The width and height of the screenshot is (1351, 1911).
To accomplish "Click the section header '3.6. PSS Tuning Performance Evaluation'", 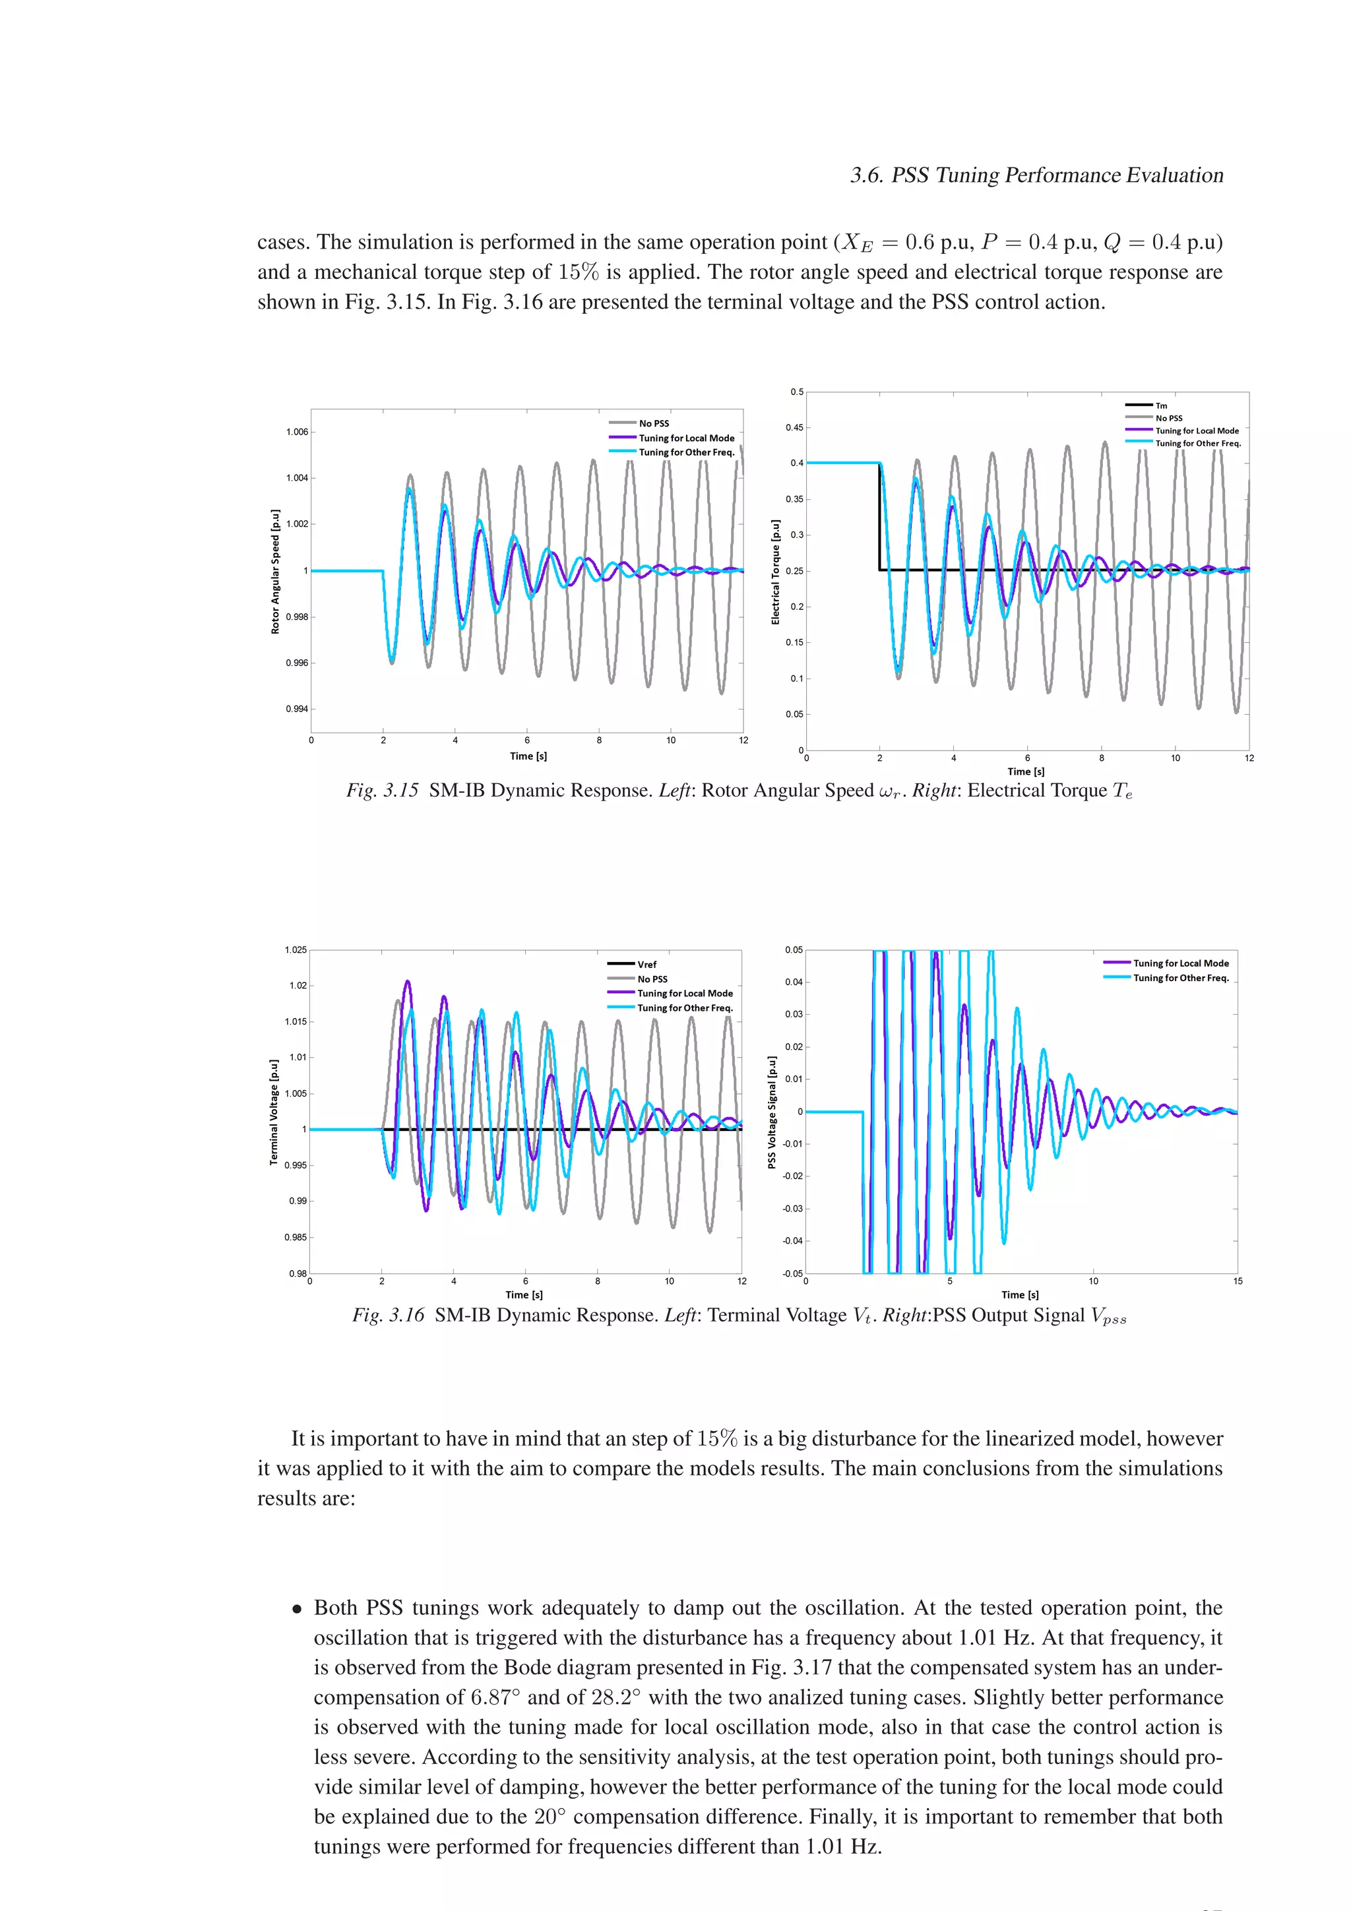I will [1036, 175].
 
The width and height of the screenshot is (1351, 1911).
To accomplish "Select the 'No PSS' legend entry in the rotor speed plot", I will [654, 423].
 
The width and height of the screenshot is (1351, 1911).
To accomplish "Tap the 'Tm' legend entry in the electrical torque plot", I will [1161, 406].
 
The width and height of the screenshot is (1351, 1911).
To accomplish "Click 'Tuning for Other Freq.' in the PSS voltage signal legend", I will [1180, 978].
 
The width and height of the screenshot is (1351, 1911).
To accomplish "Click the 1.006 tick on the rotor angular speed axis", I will [297, 432].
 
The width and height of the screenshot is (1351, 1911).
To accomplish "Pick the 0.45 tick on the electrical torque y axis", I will [795, 428].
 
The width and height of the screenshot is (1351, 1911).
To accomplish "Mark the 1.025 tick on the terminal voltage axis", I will [296, 950].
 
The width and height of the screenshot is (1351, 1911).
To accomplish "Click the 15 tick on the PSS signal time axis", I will [1237, 1281].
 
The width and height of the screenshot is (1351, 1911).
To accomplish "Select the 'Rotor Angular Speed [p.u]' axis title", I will [276, 572].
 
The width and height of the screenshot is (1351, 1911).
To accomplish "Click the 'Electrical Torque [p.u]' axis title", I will [775, 572].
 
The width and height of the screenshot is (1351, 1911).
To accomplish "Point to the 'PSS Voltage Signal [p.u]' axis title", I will [772, 1112].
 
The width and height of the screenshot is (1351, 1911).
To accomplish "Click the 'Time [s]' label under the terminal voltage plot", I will [524, 1294].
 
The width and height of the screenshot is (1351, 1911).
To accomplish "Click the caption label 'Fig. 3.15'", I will [382, 791].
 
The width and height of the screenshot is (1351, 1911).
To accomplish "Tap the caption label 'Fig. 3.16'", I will [388, 1315].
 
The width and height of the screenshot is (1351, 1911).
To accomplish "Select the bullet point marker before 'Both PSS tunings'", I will [296, 1609].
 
